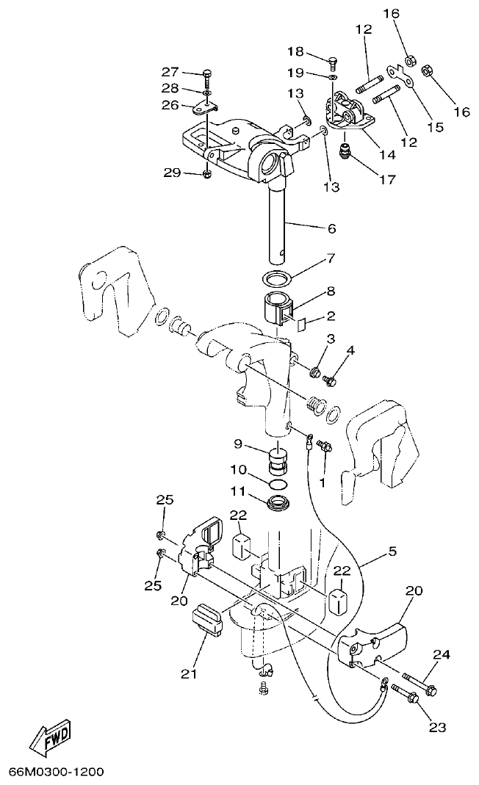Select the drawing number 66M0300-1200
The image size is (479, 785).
57,772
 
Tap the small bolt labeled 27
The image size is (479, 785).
206,74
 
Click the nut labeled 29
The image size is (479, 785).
207,174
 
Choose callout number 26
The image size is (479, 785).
170,104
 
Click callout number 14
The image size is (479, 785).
387,154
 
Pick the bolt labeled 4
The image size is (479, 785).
330,380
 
